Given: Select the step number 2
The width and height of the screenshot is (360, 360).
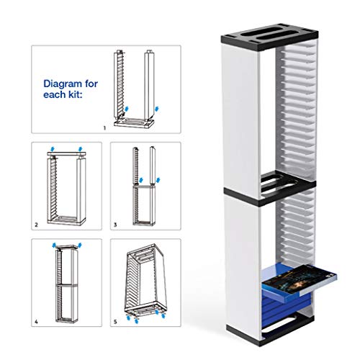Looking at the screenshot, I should pyautogui.click(x=36, y=225).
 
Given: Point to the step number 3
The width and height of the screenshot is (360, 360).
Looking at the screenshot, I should pyautogui.click(x=114, y=225).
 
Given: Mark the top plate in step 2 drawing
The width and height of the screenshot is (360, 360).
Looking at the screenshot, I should pyautogui.click(x=66, y=153).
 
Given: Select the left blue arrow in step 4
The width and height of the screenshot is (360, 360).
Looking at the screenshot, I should pyautogui.click(x=55, y=246).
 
